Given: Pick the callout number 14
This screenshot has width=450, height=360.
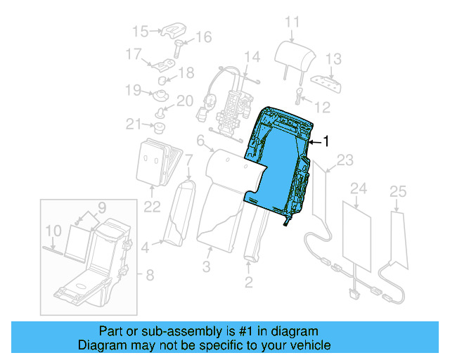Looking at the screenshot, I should click(252, 56).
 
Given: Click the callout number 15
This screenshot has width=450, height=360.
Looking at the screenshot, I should click(141, 31).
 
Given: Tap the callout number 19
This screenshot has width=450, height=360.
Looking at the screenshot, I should click(133, 89).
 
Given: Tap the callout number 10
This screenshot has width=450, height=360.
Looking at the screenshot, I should click(53, 231).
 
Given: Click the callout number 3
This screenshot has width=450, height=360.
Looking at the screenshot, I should click(207, 266).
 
